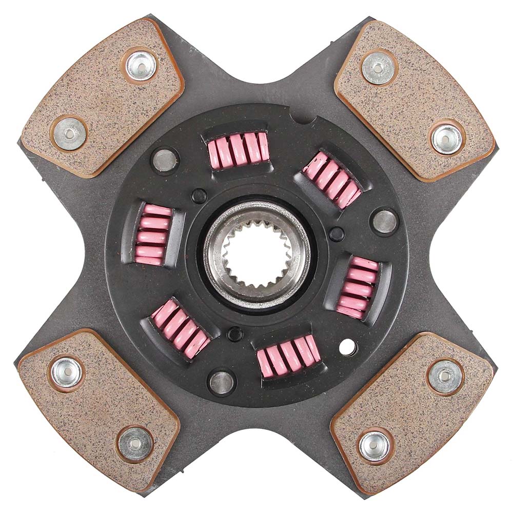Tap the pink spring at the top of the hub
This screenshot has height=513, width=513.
point(239,149)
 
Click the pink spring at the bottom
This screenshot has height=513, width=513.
point(288,355)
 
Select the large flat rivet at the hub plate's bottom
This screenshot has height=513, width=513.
point(222,382)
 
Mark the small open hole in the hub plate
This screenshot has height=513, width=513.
point(348,347)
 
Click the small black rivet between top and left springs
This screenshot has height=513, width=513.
point(199,196)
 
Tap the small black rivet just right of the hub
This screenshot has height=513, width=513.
point(337,234)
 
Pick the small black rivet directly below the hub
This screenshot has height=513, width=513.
point(235,334)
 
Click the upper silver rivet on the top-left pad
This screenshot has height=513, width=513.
point(141,66)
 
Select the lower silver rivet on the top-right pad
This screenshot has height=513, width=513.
point(446,139)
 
